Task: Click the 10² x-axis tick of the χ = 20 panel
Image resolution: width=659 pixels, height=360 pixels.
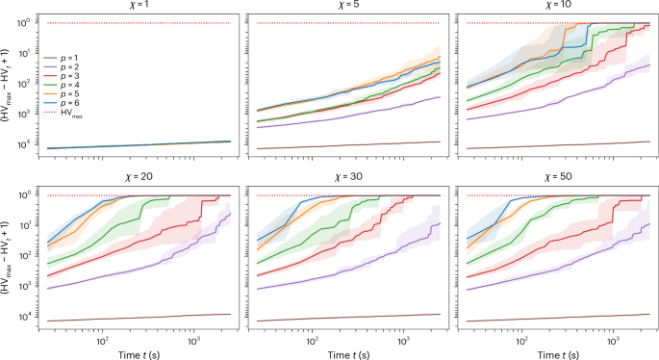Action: tap(100, 339)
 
